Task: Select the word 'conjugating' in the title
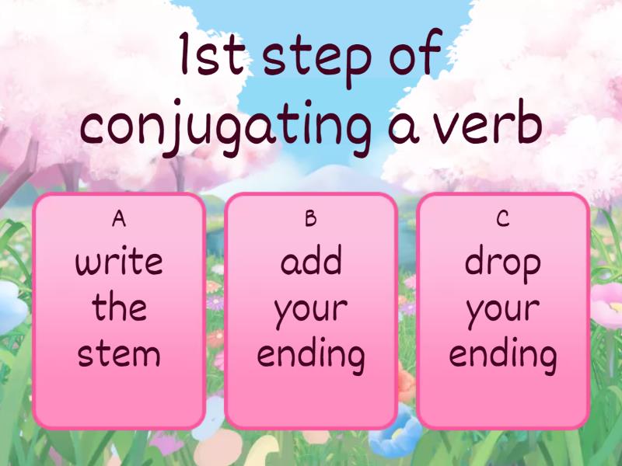225,129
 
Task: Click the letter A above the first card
118,220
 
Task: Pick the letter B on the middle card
310,220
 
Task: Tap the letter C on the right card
502,220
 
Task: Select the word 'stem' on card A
119,354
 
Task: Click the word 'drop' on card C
502,264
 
